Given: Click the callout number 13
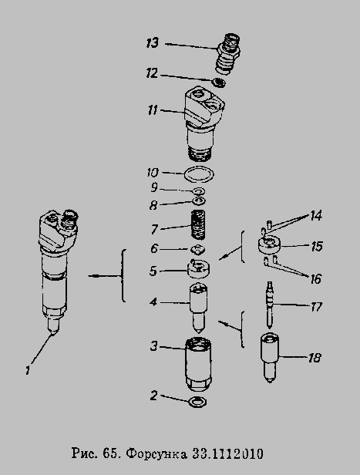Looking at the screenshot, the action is pyautogui.click(x=152, y=42).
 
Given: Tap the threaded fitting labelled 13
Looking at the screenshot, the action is pyautogui.click(x=228, y=53).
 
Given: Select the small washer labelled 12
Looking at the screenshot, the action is pyautogui.click(x=219, y=83).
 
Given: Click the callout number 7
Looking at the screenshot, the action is pyautogui.click(x=154, y=229).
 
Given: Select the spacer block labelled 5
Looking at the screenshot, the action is pyautogui.click(x=199, y=268).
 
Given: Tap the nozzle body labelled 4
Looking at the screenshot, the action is pyautogui.click(x=198, y=308).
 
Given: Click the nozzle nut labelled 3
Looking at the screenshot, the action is pyautogui.click(x=198, y=365).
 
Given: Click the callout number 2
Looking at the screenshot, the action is pyautogui.click(x=154, y=396).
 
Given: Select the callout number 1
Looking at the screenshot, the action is pyautogui.click(x=28, y=370).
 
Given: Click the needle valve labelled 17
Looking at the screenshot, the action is pyautogui.click(x=269, y=305).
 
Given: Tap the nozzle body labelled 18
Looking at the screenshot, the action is pyautogui.click(x=270, y=358).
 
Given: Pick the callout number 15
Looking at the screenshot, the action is pyautogui.click(x=316, y=246).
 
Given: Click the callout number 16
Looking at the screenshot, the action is pyautogui.click(x=315, y=278).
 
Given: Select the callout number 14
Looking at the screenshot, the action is pyautogui.click(x=316, y=216).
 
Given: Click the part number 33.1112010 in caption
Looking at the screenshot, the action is pyautogui.click(x=227, y=453).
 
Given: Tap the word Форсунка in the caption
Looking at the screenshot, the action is pyautogui.click(x=156, y=453).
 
